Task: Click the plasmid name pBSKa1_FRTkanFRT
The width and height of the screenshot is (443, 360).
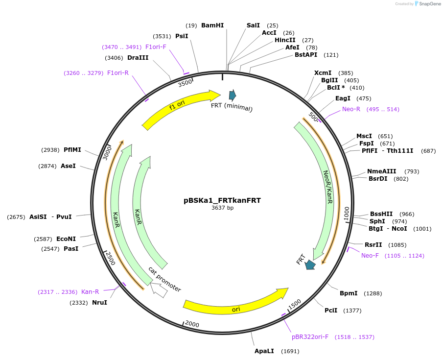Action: [222, 200]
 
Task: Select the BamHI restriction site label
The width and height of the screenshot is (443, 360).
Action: [212, 25]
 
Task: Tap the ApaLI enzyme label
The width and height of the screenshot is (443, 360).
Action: [264, 351]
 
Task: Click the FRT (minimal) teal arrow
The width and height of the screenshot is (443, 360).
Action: [233, 95]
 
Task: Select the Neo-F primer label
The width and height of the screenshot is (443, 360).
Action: [370, 256]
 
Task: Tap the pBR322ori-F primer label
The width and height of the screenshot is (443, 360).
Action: [310, 337]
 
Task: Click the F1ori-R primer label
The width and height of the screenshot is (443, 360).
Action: [118, 73]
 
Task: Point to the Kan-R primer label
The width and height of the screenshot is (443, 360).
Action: [90, 292]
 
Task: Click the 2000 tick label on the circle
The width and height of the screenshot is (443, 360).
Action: [192, 325]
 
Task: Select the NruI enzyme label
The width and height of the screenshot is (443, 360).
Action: [99, 303]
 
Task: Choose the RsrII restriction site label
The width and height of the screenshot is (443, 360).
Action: [373, 244]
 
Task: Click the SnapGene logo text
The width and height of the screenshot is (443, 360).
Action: [428, 4]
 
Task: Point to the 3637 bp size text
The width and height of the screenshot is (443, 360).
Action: [222, 208]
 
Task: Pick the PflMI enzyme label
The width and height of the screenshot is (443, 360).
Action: [72, 150]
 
